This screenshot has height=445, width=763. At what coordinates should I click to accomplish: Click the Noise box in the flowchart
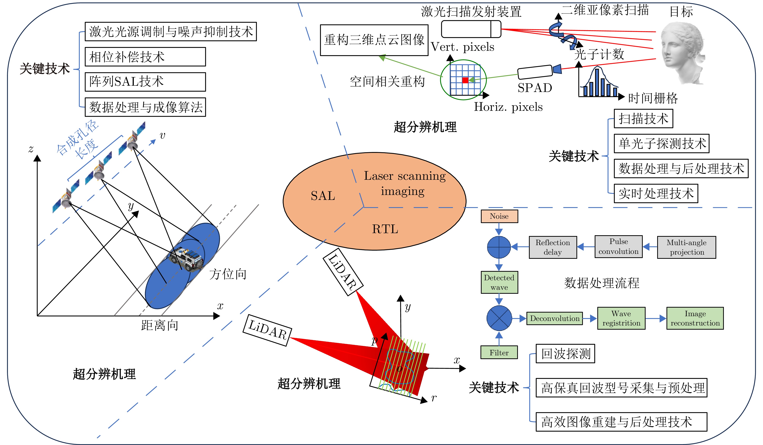pyautogui.click(x=499, y=216)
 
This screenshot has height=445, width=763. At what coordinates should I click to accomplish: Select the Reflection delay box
pyautogui.click(x=552, y=247)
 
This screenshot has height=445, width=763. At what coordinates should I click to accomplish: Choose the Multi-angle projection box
pyautogui.click(x=686, y=247)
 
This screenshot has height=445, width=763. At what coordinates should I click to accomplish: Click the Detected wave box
pyautogui.click(x=499, y=282)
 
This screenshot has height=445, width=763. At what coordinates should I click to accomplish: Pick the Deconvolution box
pyautogui.click(x=554, y=318)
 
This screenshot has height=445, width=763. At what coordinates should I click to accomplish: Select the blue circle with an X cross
pyautogui.click(x=499, y=318)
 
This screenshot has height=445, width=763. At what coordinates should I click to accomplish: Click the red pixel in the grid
pyautogui.click(x=465, y=80)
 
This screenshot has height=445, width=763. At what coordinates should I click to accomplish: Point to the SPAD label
pyautogui.click(x=535, y=88)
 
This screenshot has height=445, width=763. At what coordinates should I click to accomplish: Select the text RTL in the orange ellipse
pyautogui.click(x=385, y=229)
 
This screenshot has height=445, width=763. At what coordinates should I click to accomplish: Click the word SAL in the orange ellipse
pyautogui.click(x=323, y=196)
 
